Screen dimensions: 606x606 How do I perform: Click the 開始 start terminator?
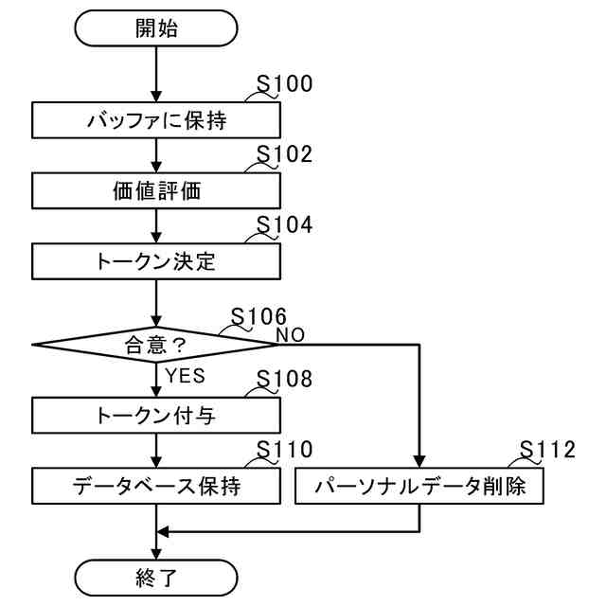pyautogui.click(x=156, y=27)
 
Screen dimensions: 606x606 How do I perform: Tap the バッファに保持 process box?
pyautogui.click(x=156, y=120)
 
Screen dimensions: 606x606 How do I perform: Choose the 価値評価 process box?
pyautogui.click(x=156, y=190)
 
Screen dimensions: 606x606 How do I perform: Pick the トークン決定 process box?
pyautogui.click(x=156, y=261)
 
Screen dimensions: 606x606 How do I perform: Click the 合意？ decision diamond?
pyautogui.click(x=156, y=345)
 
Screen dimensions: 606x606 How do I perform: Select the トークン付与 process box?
pyautogui.click(x=156, y=414)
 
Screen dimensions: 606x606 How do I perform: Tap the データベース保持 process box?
pyautogui.click(x=156, y=487)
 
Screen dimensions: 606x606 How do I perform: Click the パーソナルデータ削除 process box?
pyautogui.click(x=419, y=487)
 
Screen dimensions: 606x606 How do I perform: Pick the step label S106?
pyautogui.click(x=258, y=316)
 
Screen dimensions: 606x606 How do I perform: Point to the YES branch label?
pyautogui.click(x=186, y=375)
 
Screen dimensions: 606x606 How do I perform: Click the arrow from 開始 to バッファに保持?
pyautogui.click(x=156, y=74)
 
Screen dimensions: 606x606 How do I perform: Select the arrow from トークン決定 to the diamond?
pyautogui.click(x=156, y=303)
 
